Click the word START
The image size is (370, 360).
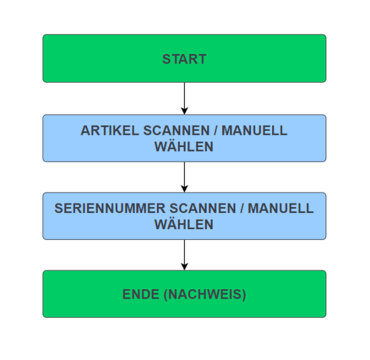coord(184,59)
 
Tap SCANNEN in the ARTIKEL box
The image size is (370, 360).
coord(170,131)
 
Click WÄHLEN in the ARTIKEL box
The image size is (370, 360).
coord(184,146)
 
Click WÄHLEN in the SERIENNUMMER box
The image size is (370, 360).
coord(184,224)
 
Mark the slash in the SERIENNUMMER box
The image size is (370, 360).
coord(240,209)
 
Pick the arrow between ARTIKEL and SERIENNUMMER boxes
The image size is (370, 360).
coord(184,176)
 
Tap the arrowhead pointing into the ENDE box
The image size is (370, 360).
coord(184,266)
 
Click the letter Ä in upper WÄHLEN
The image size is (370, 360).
coord(171,146)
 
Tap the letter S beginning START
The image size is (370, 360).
coord(166,59)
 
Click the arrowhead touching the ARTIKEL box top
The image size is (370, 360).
coord(184,110)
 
